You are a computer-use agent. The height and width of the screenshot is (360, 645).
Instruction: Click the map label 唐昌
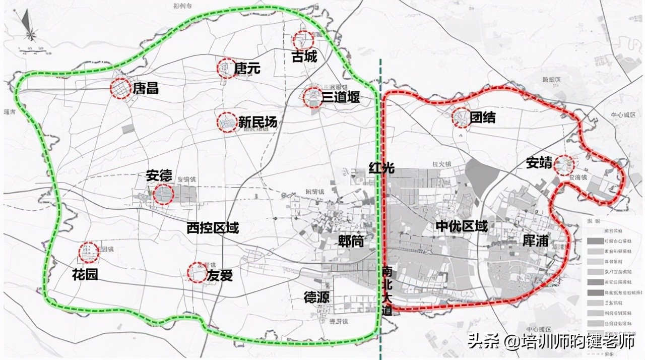[146, 89]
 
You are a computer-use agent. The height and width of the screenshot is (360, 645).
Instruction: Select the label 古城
[304, 56]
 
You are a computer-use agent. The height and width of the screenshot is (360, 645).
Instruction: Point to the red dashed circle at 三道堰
[312, 97]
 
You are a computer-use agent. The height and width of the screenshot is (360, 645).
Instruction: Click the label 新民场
[257, 122]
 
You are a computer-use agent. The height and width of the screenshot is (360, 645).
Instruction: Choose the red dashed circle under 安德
[163, 194]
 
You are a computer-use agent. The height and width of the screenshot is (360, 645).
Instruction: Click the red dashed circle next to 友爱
[196, 272]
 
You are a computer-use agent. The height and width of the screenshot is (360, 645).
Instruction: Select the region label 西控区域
[212, 228]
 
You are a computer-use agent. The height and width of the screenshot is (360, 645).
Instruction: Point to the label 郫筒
[351, 241]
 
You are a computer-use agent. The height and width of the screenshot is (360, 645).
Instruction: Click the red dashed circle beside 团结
[461, 117]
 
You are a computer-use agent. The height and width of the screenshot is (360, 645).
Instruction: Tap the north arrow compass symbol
[29, 28]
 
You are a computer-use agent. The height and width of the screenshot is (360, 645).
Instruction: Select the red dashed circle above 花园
[89, 252]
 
